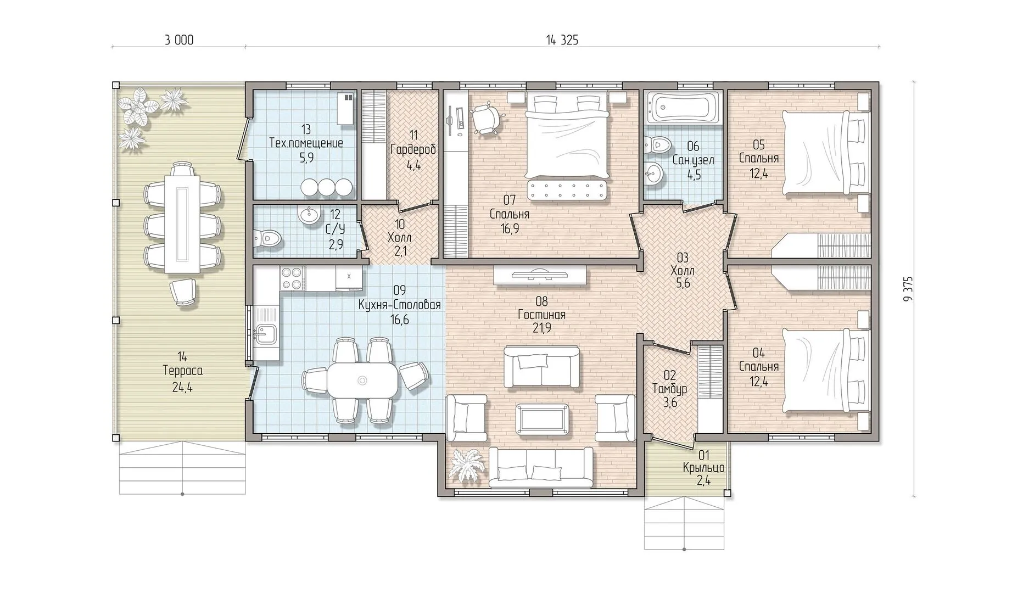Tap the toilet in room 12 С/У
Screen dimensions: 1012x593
pyautogui.click(x=267, y=238)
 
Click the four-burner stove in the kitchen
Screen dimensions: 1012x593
pyautogui.click(x=292, y=277)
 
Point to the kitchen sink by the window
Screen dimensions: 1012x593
pyautogui.click(x=266, y=333)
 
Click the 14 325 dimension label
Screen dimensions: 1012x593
pyautogui.click(x=562, y=40)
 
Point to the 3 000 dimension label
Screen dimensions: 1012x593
pyautogui.click(x=179, y=40)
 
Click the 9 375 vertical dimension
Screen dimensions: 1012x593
pyautogui.click(x=908, y=289)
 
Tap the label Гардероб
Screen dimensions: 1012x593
pyautogui.click(x=413, y=149)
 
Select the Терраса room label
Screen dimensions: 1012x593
pyautogui.click(x=183, y=371)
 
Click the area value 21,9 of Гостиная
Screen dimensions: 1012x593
pyautogui.click(x=541, y=328)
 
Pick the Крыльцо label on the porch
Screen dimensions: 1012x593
pyautogui.click(x=704, y=468)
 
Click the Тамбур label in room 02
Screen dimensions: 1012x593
pyautogui.click(x=669, y=389)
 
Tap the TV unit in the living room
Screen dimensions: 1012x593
pyautogui.click(x=541, y=276)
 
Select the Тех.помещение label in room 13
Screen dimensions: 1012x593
pyautogui.click(x=306, y=143)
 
